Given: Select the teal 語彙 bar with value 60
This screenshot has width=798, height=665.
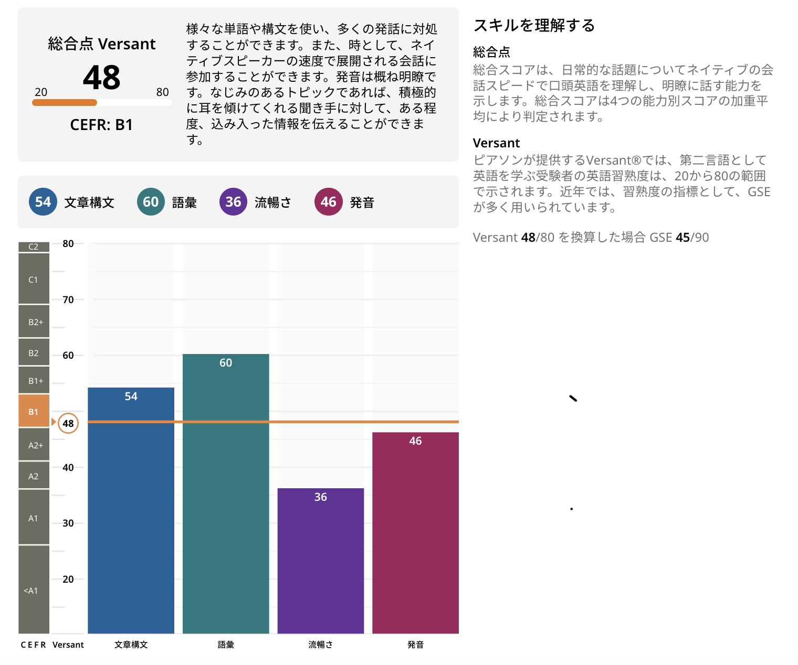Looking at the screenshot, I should point(226,493).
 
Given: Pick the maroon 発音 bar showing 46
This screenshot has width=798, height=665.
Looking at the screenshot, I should point(415,532).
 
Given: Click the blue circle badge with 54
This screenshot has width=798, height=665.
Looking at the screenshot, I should point(43,202).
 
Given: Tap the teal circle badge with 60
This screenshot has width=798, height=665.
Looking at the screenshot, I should point(151,202).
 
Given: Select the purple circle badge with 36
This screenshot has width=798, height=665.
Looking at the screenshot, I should point(233,202).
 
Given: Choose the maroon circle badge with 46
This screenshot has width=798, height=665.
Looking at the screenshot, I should point(329,202).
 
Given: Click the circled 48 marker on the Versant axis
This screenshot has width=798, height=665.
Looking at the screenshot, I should point(68,423).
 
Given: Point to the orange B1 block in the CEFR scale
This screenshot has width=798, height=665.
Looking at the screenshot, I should point(34,411).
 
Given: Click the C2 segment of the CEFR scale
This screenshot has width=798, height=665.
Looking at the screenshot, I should point(34,246).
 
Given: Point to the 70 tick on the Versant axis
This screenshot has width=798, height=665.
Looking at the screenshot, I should point(68,299).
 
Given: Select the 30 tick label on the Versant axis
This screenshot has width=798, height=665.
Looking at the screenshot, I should point(68,523).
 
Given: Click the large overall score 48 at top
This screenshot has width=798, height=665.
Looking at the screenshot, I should point(102,78).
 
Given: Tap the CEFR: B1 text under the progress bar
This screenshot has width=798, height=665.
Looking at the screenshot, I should point(101,125).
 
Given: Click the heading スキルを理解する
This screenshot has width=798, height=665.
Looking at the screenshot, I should point(534,25).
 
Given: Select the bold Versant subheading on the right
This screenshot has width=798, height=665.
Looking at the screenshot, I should point(496,143).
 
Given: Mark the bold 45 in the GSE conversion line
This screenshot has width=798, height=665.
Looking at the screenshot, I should point(682,238).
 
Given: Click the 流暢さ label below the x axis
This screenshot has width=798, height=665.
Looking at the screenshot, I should point(320,645).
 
